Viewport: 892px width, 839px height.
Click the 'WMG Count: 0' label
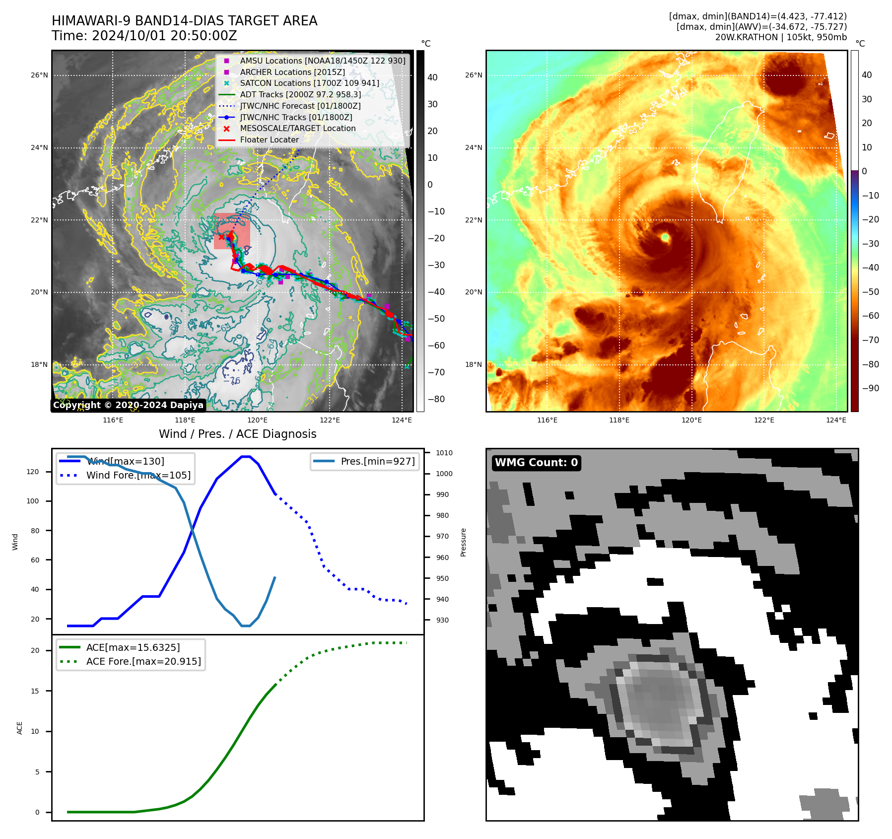pyautogui.click(x=536, y=463)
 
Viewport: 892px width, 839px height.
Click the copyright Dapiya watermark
pyautogui.click(x=128, y=405)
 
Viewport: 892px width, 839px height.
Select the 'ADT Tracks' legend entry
pyautogui.click(x=300, y=94)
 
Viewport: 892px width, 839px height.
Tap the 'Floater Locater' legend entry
pyautogui.click(x=269, y=140)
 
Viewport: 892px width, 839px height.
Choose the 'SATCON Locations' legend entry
pyautogui.click(x=309, y=83)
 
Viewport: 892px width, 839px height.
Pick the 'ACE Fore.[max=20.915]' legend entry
pyautogui.click(x=143, y=661)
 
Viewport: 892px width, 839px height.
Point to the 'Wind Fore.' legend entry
pyautogui.click(x=138, y=475)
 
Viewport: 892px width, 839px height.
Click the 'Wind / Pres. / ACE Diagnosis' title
pyautogui.click(x=237, y=434)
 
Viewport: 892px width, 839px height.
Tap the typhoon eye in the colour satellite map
pyautogui.click(x=665, y=237)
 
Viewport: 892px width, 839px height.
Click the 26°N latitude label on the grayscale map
pyautogui.click(x=40, y=75)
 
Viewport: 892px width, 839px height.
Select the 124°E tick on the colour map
pyautogui.click(x=836, y=420)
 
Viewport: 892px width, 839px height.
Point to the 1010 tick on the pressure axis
pyautogui.click(x=444, y=453)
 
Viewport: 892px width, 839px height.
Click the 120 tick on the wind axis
pyautogui.click(x=33, y=472)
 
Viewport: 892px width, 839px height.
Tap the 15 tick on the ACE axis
pyautogui.click(x=35, y=691)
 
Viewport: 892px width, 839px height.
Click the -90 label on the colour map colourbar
pyautogui.click(x=870, y=388)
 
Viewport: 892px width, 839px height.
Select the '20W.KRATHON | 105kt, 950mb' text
pyautogui.click(x=781, y=37)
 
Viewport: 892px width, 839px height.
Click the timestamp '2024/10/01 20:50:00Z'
pyautogui.click(x=164, y=36)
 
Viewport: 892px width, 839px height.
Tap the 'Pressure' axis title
pyautogui.click(x=463, y=542)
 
